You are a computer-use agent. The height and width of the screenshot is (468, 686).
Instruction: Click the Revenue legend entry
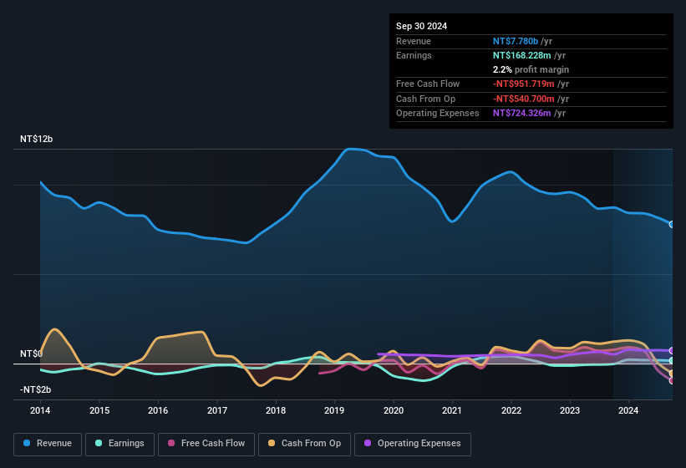48,443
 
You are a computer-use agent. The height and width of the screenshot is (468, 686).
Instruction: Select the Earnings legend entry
119,443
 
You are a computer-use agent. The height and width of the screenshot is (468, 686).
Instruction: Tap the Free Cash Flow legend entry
207,443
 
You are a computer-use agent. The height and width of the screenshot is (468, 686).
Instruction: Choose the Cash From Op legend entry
306,443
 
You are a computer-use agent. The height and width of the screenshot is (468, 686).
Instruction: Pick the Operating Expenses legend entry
413,443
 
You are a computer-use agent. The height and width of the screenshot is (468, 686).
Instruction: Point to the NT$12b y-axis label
36,140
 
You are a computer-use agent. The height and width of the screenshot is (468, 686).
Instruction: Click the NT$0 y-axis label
31,354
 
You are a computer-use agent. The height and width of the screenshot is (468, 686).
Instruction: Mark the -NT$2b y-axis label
35,389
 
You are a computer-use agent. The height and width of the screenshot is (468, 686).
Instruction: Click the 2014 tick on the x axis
40,410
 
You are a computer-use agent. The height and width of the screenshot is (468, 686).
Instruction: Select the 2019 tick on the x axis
334,410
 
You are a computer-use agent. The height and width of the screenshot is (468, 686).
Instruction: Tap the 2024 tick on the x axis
628,410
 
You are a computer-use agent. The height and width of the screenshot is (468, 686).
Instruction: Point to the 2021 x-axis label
452,410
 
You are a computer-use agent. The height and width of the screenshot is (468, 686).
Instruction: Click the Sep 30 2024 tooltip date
421,26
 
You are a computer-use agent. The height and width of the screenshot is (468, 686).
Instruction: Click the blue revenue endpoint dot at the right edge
672,224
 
